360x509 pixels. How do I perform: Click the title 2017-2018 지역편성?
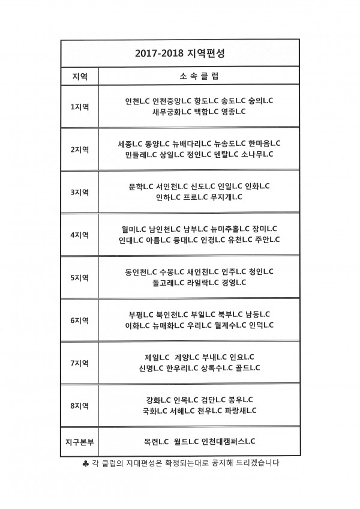[x=179, y=53]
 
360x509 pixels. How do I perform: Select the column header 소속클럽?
[x=199, y=76]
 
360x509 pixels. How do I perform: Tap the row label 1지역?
[x=80, y=106]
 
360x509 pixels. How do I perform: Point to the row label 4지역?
[x=80, y=235]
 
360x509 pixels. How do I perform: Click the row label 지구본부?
[x=80, y=442]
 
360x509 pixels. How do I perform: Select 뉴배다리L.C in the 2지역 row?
[x=192, y=143]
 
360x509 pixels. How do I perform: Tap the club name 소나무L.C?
[x=257, y=154]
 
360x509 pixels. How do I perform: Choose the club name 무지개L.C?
[x=226, y=197]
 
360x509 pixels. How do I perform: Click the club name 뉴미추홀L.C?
[x=230, y=229]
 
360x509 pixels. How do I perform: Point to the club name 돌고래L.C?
[x=169, y=283]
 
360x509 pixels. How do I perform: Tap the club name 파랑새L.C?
[x=241, y=411]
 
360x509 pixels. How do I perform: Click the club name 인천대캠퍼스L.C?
[x=228, y=442]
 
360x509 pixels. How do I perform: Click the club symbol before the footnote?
[x=85, y=463]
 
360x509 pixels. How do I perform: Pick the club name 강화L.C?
[x=159, y=400]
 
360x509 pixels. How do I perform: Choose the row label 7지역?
[x=80, y=363]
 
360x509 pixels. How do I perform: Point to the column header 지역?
[x=80, y=76]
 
